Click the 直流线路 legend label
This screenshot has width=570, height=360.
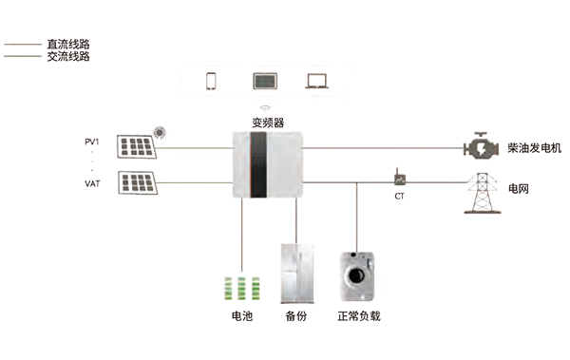point(68,45)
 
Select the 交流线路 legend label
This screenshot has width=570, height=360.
point(68,56)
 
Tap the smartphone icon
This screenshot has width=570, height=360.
point(211,81)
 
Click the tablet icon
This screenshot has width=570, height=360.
point(265,81)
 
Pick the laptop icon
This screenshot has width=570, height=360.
point(317,82)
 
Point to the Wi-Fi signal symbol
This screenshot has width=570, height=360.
point(265,108)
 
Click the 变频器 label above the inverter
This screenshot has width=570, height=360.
point(268,123)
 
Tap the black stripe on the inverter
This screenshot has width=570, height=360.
point(258,164)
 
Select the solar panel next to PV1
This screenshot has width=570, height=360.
point(136,146)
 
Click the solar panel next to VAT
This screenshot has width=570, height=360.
point(138,183)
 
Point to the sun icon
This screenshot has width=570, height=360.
point(160,132)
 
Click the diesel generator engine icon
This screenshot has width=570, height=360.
point(481,146)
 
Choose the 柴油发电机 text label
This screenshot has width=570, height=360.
point(534,148)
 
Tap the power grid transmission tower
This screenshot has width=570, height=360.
point(483,193)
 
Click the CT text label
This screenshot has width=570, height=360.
point(400,197)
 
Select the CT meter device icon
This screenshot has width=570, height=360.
point(400,177)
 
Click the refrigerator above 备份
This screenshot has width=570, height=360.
point(297,274)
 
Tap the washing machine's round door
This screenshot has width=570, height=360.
point(356,275)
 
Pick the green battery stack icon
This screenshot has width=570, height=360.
point(242,289)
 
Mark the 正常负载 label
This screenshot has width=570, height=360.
point(359,316)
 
